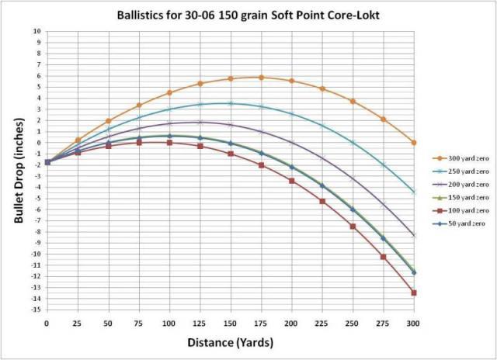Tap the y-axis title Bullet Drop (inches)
pyautogui.click(x=17, y=170)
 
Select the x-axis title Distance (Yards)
pyautogui.click(x=230, y=341)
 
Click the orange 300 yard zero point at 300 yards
pyautogui.click(x=414, y=143)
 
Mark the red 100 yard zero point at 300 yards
pyautogui.click(x=414, y=292)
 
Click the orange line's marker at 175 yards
pyautogui.click(x=261, y=78)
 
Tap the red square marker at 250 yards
pyautogui.click(x=353, y=227)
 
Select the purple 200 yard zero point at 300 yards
pyautogui.click(x=414, y=235)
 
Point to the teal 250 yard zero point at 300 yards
pyautogui.click(x=414, y=192)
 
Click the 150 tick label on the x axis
pyautogui.click(x=230, y=321)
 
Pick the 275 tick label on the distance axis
pyautogui.click(x=383, y=321)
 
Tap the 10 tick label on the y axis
pyautogui.click(x=37, y=32)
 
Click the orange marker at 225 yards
pyautogui.click(x=322, y=89)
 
